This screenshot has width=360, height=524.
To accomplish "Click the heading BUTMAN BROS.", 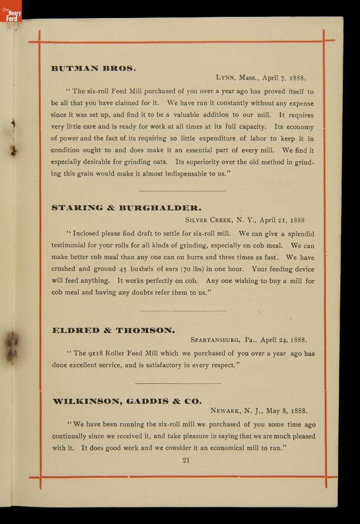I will coord(94,69).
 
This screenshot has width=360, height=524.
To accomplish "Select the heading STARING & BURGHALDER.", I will coord(127,208).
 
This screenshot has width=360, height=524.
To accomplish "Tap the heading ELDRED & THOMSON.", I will coord(113,331).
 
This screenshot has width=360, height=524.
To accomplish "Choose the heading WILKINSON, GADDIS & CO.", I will coord(127,401).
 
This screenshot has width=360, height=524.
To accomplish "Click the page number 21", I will coord(186,460).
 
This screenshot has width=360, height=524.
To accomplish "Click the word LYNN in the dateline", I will coord(226,78).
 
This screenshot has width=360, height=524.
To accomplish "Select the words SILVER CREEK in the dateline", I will coord(206,220).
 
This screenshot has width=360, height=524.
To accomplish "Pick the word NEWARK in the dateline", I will coord(225,411).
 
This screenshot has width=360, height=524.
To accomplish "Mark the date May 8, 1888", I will coord(286,411).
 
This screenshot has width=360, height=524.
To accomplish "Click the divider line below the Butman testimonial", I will coord(182,191).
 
